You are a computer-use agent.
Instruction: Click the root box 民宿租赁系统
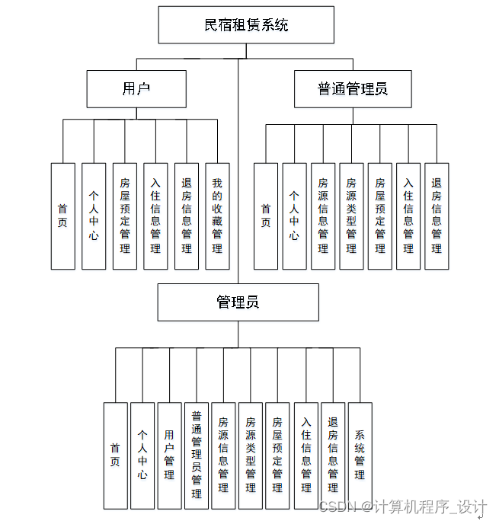(x=246, y=25)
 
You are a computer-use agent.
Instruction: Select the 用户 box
(x=136, y=89)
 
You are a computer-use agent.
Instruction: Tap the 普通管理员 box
(x=353, y=89)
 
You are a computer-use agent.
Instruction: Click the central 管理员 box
(x=238, y=302)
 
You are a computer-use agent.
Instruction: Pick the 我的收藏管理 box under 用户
(x=217, y=216)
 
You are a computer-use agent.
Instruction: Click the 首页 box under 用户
(x=63, y=216)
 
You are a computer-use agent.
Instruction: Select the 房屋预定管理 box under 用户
(x=125, y=216)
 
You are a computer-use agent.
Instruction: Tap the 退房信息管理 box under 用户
(x=187, y=216)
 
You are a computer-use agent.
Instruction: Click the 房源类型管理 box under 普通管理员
(x=351, y=216)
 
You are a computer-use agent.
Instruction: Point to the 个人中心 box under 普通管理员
(x=294, y=216)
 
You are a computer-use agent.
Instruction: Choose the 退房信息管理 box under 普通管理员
(x=437, y=216)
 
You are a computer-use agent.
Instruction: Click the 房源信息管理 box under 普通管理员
(x=323, y=216)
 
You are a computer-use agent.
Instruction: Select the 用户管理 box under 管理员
(x=169, y=455)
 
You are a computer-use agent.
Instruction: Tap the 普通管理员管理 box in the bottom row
(x=197, y=455)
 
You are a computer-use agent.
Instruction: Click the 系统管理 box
(x=360, y=455)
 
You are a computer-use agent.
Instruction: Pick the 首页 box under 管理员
(x=115, y=455)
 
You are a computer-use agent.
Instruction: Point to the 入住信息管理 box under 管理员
(x=306, y=455)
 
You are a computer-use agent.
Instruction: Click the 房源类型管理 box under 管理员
(x=251, y=455)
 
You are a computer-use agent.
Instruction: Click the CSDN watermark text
(x=403, y=507)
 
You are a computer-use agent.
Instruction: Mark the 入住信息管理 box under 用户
(x=155, y=216)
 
